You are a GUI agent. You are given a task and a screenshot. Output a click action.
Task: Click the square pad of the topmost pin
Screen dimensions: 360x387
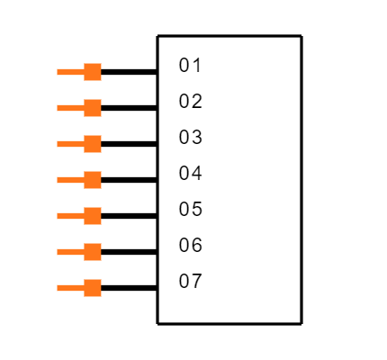coord(93,72)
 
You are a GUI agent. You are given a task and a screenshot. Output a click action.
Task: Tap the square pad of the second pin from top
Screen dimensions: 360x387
coord(93,108)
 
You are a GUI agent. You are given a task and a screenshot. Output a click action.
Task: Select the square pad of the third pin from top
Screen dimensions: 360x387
coord(93,144)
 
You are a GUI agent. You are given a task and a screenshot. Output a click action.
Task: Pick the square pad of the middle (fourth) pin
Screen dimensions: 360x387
coord(93,180)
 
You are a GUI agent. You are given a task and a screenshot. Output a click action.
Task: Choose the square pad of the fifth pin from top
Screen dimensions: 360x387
coord(93,216)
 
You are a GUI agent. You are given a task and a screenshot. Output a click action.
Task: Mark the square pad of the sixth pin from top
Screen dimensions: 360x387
coord(93,252)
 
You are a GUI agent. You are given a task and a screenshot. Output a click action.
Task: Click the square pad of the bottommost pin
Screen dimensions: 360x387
coord(93,288)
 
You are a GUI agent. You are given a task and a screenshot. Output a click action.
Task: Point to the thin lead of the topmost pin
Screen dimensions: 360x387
coord(70,72)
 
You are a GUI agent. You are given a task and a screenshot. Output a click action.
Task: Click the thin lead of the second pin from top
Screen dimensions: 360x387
coord(70,108)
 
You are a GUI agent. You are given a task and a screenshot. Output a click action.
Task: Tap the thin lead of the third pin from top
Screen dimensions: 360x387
coord(70,144)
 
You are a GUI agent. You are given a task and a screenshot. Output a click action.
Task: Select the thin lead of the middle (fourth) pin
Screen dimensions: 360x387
coord(70,180)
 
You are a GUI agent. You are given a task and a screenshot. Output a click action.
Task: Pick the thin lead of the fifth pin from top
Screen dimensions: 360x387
coord(70,216)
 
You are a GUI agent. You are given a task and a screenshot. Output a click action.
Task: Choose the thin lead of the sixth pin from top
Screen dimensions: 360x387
coord(70,252)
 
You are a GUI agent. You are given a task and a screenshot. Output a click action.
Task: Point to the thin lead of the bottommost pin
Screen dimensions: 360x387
coord(70,288)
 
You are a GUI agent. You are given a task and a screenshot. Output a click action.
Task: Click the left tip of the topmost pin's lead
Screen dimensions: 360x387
coord(58,72)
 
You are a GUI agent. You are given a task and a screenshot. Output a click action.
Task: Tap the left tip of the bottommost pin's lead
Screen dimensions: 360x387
coord(58,288)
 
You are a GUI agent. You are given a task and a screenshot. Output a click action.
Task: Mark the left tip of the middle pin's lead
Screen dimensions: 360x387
coord(58,180)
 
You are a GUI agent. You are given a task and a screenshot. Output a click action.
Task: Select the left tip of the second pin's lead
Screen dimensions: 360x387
coord(58,108)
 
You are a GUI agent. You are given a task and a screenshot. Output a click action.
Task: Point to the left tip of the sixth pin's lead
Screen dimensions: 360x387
coord(58,252)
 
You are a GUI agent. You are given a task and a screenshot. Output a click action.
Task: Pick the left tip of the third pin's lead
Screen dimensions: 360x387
coord(58,144)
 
